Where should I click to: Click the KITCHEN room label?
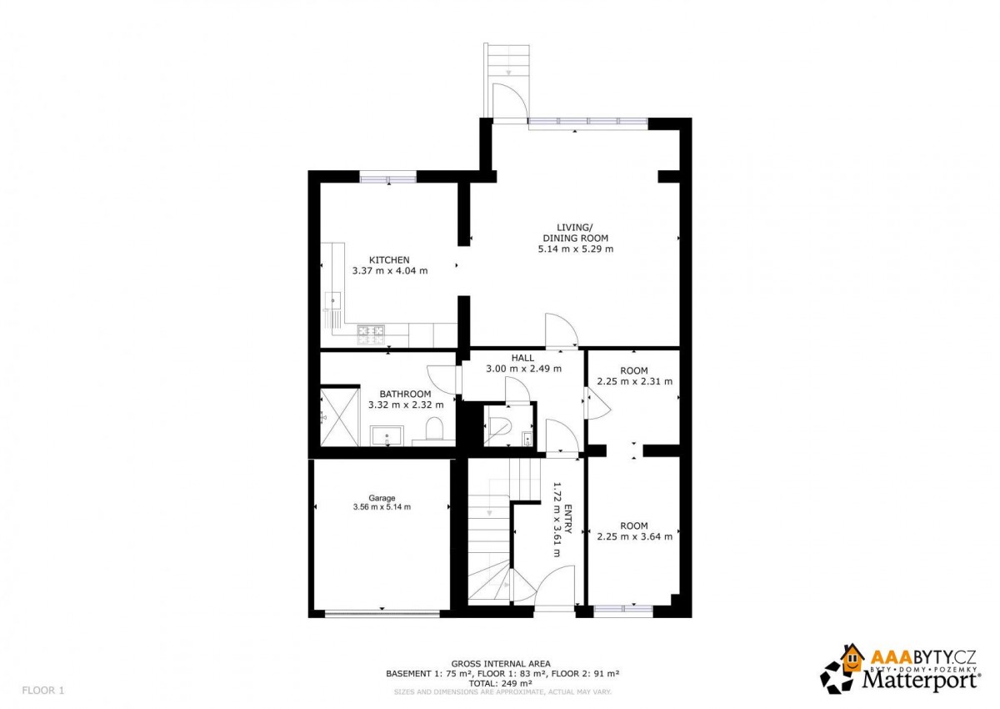389,259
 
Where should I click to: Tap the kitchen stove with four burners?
371,335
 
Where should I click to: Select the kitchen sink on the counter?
332,300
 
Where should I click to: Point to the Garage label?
382,498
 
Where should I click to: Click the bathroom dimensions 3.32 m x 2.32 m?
406,405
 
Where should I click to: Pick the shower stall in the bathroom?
340,417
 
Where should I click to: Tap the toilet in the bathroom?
433,429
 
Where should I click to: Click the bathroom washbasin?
387,435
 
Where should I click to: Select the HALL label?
522,358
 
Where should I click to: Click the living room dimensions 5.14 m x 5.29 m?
576,249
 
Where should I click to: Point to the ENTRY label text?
567,519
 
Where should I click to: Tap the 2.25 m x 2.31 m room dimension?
634,381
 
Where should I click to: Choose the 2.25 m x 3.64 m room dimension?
634,536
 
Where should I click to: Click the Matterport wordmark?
922,681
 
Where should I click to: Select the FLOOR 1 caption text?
42,691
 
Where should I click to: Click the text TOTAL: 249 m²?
500,683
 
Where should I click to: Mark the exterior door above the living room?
510,102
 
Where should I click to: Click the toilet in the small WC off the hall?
498,426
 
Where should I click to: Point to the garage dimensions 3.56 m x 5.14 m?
382,507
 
